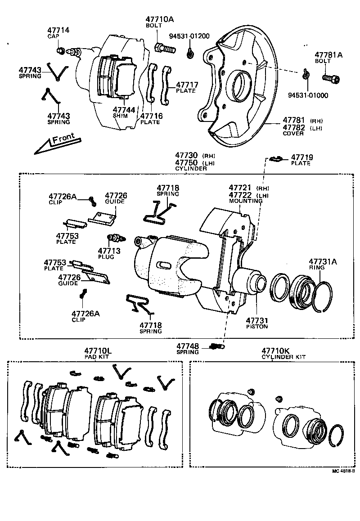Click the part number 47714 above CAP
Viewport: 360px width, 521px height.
58,30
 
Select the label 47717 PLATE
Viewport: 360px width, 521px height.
185,87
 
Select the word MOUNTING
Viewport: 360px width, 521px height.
246,201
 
